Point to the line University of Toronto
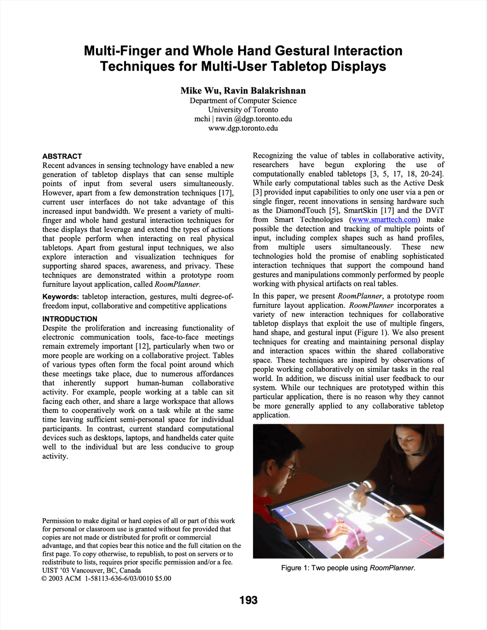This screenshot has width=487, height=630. click(243, 110)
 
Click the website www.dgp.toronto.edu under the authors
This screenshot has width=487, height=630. click(243, 128)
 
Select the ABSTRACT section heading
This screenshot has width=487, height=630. click(62, 156)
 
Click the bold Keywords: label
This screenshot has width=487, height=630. click(60, 297)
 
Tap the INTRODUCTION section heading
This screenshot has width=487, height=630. click(70, 319)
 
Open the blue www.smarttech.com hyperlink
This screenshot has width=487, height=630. click(385, 219)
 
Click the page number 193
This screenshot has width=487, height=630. click(248, 600)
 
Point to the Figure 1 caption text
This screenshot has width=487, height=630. click(348, 568)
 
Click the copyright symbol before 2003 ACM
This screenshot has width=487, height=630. click(45, 579)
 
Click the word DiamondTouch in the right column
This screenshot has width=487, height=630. click(300, 210)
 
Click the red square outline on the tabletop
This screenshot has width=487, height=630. click(431, 539)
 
